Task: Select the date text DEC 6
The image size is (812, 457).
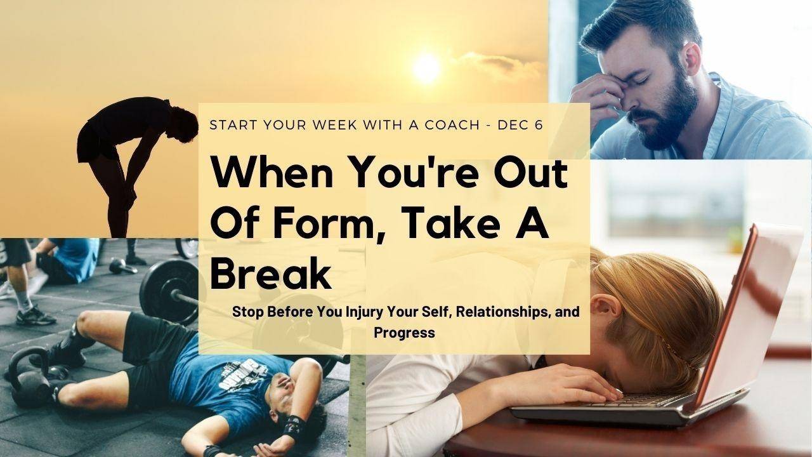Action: (x=521, y=125)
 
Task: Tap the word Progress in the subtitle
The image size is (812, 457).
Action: (x=404, y=333)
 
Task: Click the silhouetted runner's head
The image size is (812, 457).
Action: (x=183, y=124)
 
